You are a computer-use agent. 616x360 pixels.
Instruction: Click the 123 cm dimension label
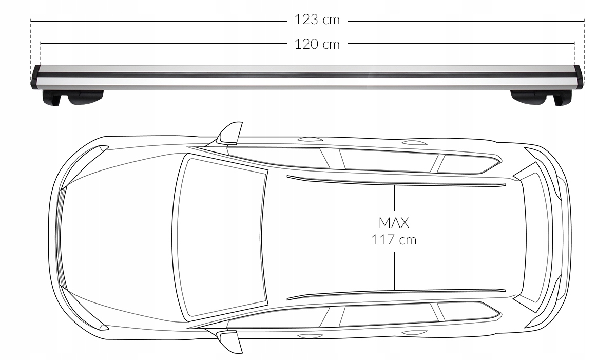coord(317,20)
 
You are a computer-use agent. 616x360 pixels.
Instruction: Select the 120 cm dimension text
coord(317,44)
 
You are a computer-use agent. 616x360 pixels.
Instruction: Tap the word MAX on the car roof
coord(394,223)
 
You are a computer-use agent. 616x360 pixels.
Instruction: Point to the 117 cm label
coord(394,239)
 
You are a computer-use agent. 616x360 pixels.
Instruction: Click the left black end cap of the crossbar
coord(36,77)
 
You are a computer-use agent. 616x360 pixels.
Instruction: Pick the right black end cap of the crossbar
coord(579,77)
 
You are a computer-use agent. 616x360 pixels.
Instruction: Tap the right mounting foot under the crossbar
coord(541,97)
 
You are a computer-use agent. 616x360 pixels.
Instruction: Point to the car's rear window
coord(534,236)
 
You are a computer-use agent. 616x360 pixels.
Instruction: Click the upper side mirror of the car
coord(229,134)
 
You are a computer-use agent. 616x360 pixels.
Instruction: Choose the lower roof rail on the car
coord(395,292)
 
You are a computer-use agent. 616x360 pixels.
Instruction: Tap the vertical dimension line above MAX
coord(394,200)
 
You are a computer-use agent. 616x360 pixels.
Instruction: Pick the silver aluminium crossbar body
coord(308,76)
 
